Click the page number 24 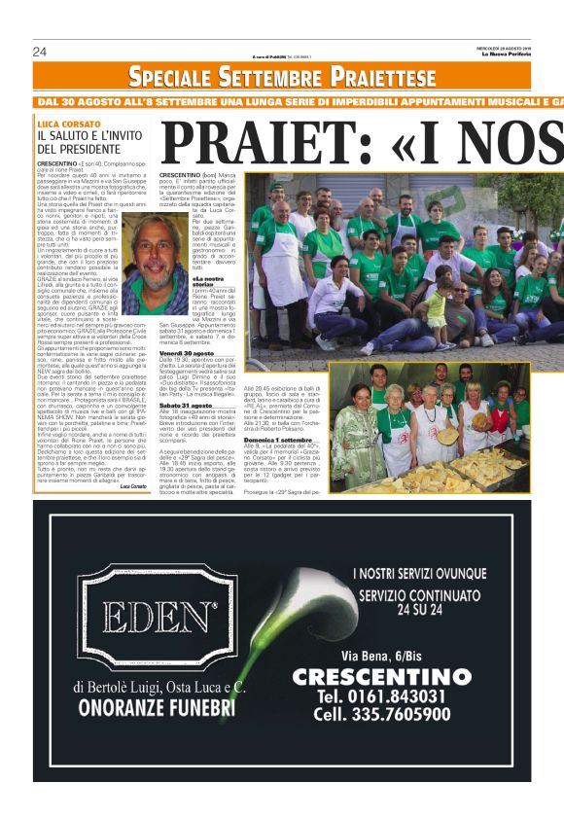40,52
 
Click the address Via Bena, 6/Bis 396,656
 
